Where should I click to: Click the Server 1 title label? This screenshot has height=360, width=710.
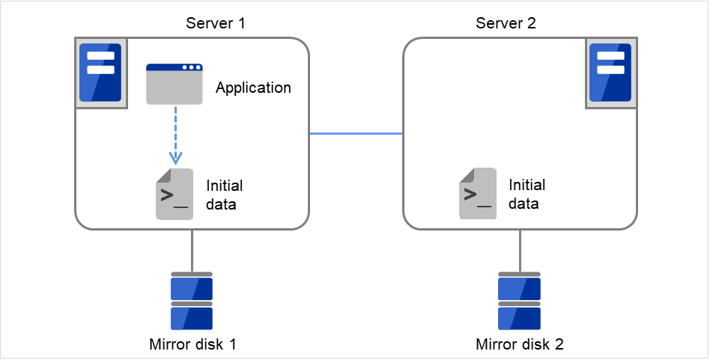coord(216,23)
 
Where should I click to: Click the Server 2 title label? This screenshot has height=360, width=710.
coord(506,23)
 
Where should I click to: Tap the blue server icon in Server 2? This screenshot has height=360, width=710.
coord(611,72)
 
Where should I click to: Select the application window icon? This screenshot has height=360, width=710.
coord(174,84)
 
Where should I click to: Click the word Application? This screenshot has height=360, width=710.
coord(253,88)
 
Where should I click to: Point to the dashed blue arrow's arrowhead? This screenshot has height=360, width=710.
coord(175,158)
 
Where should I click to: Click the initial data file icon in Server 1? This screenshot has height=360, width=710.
coord(174,194)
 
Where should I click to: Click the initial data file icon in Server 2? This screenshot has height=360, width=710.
coord(477,194)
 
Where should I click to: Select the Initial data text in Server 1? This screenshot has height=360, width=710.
coord(225,194)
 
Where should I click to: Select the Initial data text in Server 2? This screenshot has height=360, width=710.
coord(527,193)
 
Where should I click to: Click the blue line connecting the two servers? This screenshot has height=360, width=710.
coord(356,134)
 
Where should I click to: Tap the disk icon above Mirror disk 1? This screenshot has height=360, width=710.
coord(192,302)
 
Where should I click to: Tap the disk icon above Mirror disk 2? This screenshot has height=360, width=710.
coord(520,302)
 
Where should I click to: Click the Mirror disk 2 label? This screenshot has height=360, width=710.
coord(520,345)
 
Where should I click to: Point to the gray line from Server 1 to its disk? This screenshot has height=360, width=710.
coord(192,250)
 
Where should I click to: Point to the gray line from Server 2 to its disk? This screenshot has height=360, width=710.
coord(520,250)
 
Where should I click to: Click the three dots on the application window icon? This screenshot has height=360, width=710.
coord(192,67)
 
